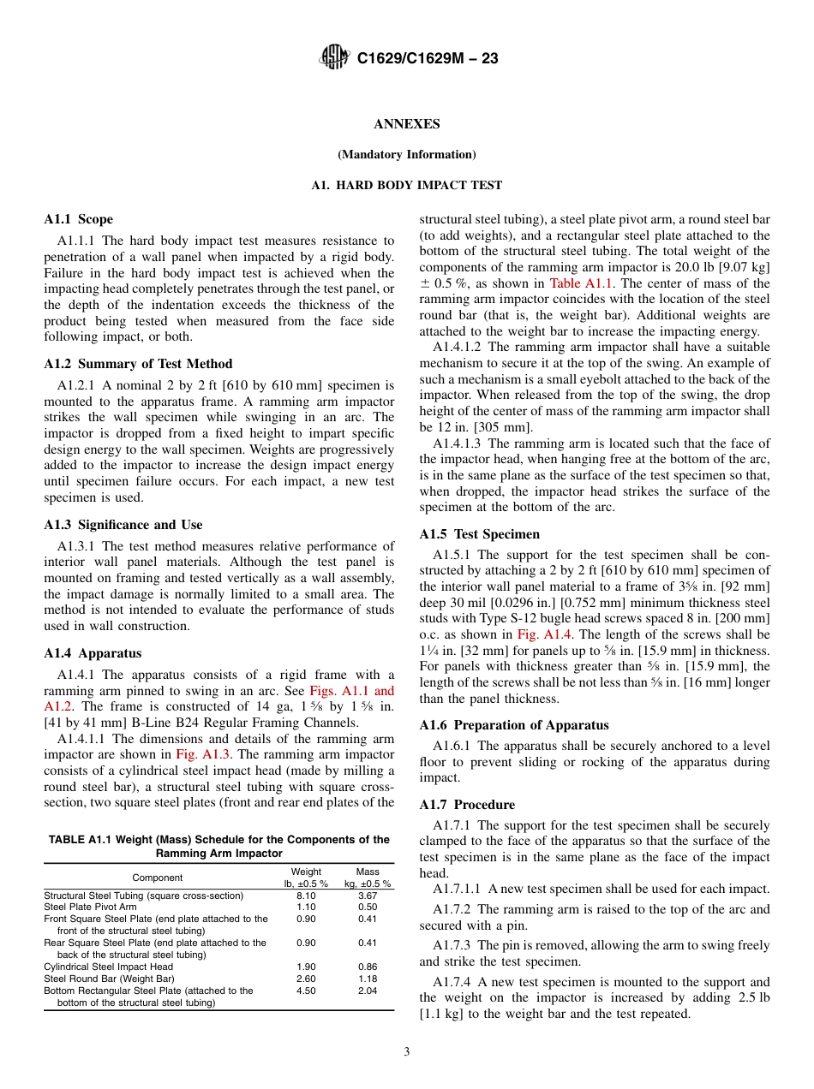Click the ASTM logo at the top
point(333,57)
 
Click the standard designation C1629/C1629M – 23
point(428,58)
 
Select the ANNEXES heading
point(407,124)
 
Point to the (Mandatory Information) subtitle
point(407,155)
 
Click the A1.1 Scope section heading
point(78,219)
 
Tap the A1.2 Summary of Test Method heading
point(138,364)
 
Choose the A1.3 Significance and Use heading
point(123,525)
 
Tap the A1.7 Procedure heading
point(467,805)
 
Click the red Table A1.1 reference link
point(576,283)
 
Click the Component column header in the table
point(158,878)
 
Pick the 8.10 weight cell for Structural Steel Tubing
point(306,896)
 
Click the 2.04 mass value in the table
point(368,991)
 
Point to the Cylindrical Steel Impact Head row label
point(108,967)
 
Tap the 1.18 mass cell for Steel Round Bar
point(368,979)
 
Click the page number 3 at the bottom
point(407,1052)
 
